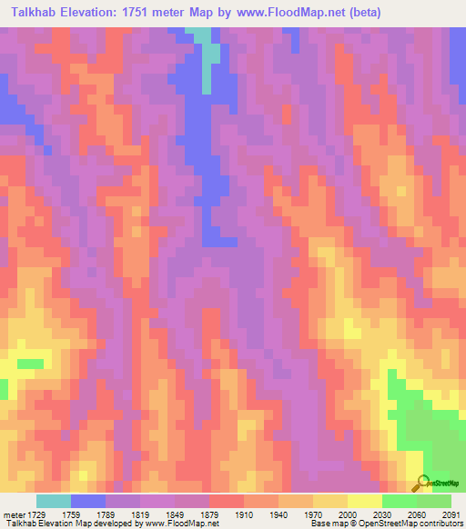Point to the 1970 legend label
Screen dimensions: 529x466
point(314,514)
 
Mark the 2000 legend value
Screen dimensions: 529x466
point(349,514)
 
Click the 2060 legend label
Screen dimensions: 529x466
point(417,514)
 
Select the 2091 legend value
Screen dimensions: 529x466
point(451,514)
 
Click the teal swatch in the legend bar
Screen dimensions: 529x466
point(54,501)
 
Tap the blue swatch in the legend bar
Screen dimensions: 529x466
point(88,501)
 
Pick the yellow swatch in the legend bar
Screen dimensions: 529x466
point(365,501)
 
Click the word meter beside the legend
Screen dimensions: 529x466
point(14,514)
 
